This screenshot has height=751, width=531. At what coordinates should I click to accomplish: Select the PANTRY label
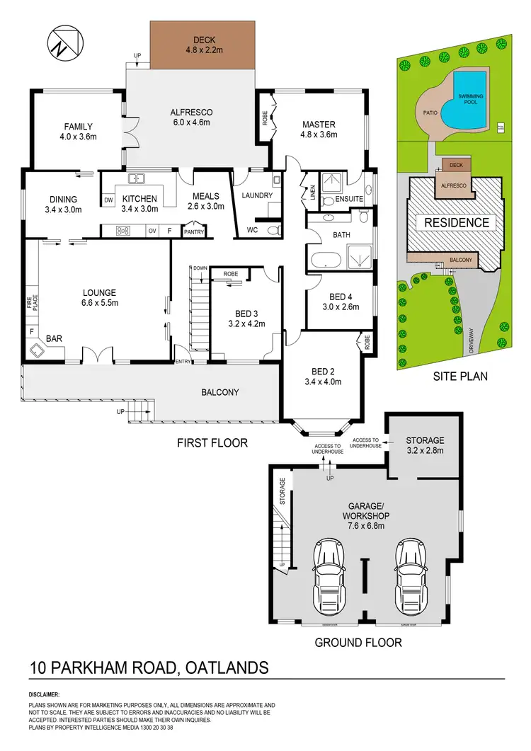click(x=193, y=231)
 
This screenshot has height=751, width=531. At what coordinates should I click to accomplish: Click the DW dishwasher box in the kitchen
click(x=108, y=200)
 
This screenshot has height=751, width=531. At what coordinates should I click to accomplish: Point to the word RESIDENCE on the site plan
click(x=456, y=223)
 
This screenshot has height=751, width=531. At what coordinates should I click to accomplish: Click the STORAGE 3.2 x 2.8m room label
click(x=425, y=445)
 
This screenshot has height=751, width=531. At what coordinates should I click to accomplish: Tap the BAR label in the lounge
click(x=55, y=339)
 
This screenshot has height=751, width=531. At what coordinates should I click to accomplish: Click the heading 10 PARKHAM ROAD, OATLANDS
click(x=149, y=667)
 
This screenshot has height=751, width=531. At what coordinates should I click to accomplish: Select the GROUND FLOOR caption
click(x=358, y=643)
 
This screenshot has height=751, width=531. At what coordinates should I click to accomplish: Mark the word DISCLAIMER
click(x=44, y=695)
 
